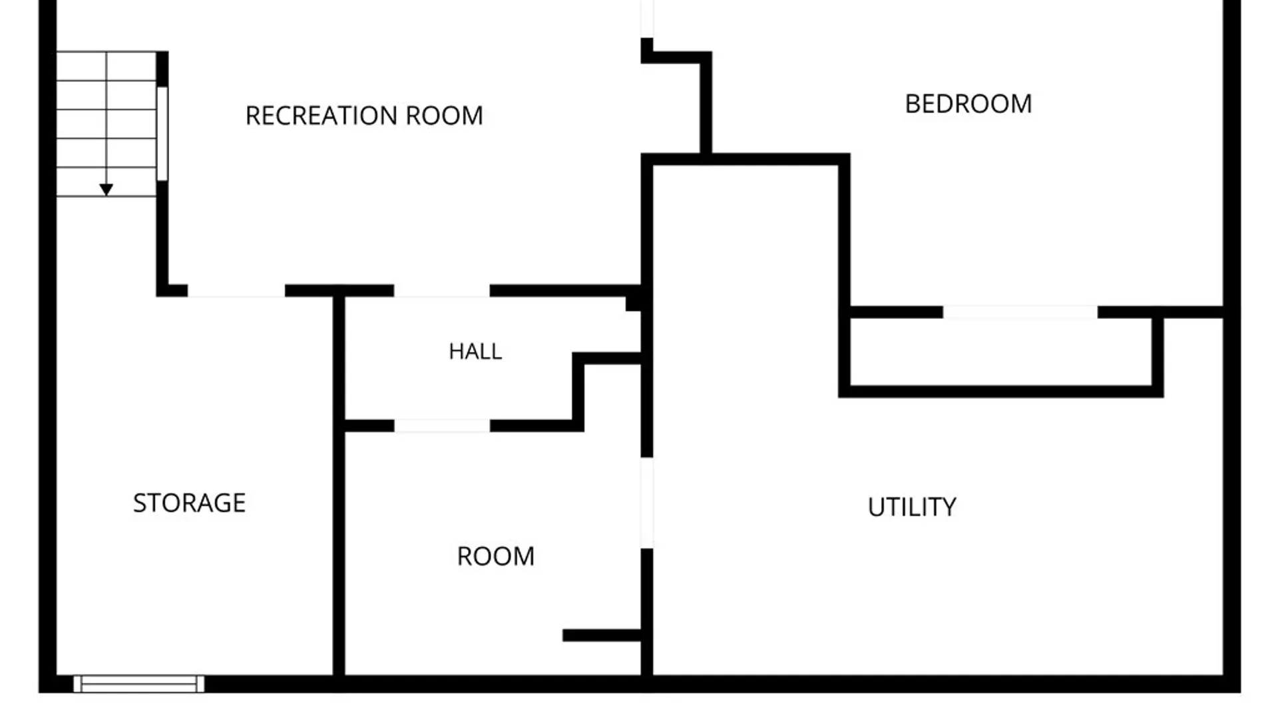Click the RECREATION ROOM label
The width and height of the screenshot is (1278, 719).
pos(364,116)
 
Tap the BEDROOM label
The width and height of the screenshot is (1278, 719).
pos(968,104)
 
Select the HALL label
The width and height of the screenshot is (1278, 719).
pos(475,352)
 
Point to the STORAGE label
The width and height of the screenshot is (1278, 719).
pos(189,503)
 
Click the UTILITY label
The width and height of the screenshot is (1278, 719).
pos(912,507)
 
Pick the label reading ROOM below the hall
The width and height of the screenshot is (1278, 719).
pos(496,557)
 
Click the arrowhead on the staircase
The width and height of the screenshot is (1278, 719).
pos(106,190)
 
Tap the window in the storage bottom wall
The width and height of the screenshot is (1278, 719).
pos(138,684)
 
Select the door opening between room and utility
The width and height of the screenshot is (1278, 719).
pos(647,503)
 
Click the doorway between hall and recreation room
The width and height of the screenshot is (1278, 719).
pos(442,291)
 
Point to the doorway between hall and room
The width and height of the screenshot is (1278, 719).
pos(442,426)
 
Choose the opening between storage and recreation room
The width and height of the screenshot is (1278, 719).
pos(236,291)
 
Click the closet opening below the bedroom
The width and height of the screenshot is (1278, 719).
pos(1020,312)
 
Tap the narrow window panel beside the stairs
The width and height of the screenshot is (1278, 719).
pos(162,133)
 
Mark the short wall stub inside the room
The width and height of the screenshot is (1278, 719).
pos(602,635)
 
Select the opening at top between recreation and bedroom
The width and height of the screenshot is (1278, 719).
pos(647,19)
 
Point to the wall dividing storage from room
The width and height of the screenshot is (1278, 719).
pos(339,486)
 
